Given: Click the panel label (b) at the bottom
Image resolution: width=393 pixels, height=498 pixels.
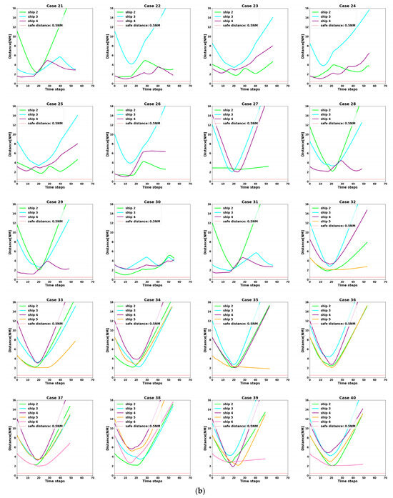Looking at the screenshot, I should (x=196, y=491).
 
